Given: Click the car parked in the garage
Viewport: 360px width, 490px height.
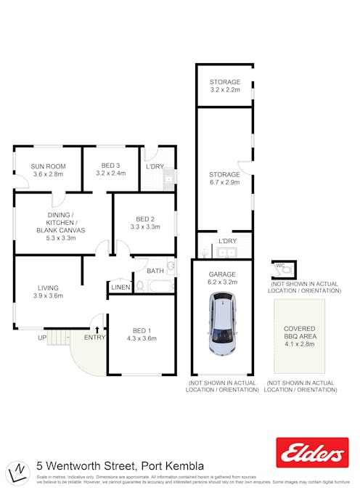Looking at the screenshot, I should pyautogui.click(x=223, y=324).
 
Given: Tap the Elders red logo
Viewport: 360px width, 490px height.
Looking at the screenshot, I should pyautogui.click(x=312, y=453).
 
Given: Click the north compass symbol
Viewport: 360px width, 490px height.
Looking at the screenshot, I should pyautogui.click(x=16, y=472).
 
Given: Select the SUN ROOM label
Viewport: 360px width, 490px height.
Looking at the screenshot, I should pyautogui.click(x=48, y=166).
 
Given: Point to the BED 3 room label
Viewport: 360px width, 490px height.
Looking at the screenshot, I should pyautogui.click(x=111, y=166).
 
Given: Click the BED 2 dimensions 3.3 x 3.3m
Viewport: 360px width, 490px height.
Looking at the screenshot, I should pyautogui.click(x=144, y=226).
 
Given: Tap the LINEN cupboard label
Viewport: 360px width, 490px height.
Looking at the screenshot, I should pyautogui.click(x=120, y=287).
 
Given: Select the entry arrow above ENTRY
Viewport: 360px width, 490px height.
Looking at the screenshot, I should pyautogui.click(x=97, y=330).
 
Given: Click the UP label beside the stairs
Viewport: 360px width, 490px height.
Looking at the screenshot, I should pyautogui.click(x=42, y=338).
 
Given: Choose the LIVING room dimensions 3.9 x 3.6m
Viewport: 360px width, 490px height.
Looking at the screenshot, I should pyautogui.click(x=48, y=295).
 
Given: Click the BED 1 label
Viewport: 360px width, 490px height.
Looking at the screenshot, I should pyautogui.click(x=142, y=330).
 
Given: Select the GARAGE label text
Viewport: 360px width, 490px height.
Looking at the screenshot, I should pyautogui.click(x=222, y=274).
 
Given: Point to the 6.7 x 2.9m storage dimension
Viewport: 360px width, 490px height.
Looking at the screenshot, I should pyautogui.click(x=224, y=183).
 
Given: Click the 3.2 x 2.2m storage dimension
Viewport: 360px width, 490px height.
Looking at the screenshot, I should pyautogui.click(x=224, y=90).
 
